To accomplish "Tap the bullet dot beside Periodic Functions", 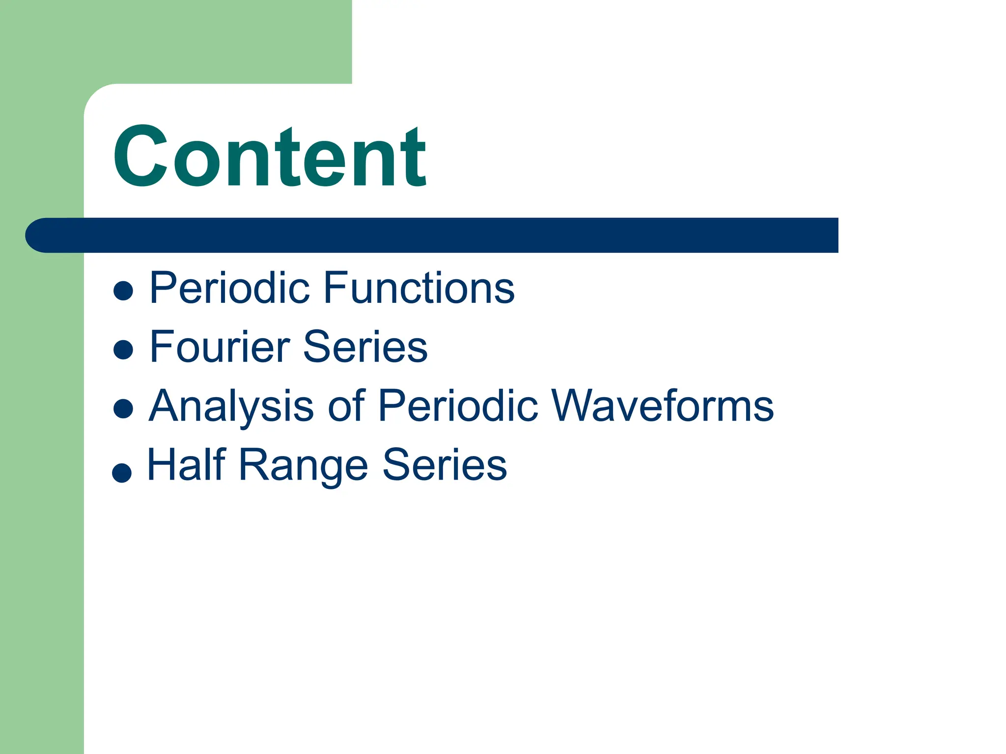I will (123, 290).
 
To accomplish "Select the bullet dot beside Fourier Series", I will (123, 350).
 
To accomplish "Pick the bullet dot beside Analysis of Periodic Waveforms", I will (123, 408).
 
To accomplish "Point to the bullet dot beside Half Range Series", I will (122, 473).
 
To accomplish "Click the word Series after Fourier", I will (365, 347).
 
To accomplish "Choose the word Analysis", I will (231, 405).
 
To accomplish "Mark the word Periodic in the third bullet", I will (458, 405).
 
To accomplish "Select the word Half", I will (187, 464).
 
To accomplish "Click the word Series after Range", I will (445, 464).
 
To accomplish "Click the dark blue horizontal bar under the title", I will (442, 235).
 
